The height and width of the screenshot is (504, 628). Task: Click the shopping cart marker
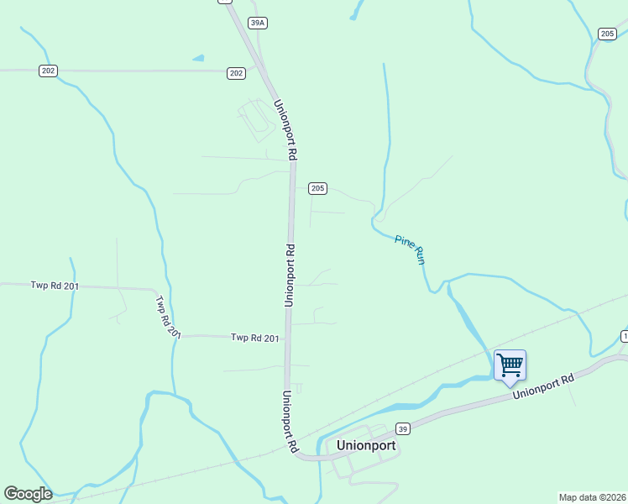pyautogui.click(x=510, y=366)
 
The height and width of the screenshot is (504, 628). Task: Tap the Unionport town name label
pyautogui.click(x=365, y=446)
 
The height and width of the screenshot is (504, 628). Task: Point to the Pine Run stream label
pyautogui.click(x=410, y=250)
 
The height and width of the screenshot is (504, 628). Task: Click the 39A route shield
pyautogui.click(x=258, y=23)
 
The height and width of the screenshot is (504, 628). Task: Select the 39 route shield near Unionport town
pyautogui.click(x=403, y=428)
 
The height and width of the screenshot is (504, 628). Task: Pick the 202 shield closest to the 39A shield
pyautogui.click(x=236, y=74)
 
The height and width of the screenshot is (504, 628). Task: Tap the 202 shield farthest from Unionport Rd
pyautogui.click(x=48, y=71)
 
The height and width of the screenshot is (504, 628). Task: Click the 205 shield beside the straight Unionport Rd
pyautogui.click(x=317, y=188)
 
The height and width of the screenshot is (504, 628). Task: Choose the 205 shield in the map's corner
pyautogui.click(x=608, y=34)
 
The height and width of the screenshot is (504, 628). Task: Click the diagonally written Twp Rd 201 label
pyautogui.click(x=168, y=316)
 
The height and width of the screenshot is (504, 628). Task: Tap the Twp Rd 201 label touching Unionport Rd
pyautogui.click(x=255, y=338)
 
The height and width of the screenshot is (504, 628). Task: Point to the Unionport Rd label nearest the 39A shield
pyautogui.click(x=285, y=130)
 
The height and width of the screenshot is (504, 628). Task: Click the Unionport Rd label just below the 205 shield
pyautogui.click(x=290, y=275)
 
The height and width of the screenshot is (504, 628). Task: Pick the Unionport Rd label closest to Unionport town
pyautogui.click(x=290, y=422)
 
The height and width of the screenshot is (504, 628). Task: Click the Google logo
pyautogui.click(x=28, y=494)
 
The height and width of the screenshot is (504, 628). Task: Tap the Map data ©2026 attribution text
pyautogui.click(x=591, y=496)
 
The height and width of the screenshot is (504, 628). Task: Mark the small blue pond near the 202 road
pyautogui.click(x=198, y=58)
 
